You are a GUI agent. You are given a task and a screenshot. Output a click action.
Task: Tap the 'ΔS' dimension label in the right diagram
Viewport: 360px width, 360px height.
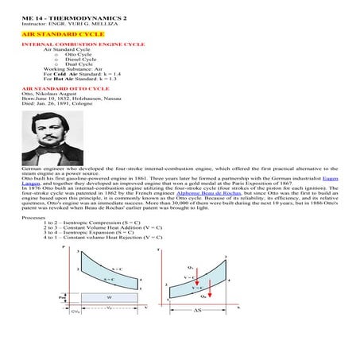click(195, 308)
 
